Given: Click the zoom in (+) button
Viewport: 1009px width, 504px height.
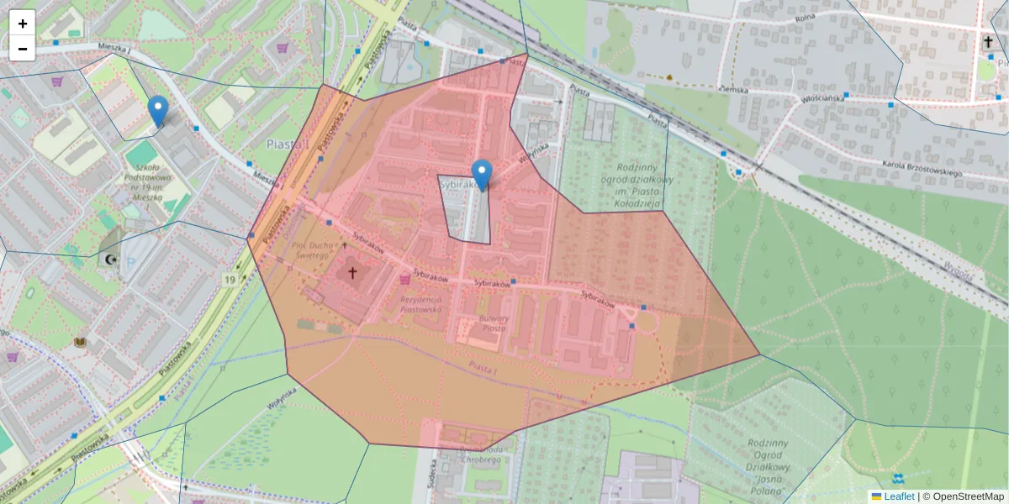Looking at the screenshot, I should click(23, 24).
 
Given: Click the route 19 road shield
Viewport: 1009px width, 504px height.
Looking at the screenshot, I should click(230, 279).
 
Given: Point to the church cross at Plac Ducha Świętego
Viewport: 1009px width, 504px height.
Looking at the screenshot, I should click(352, 273).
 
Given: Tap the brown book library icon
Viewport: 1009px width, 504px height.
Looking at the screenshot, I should click(81, 343).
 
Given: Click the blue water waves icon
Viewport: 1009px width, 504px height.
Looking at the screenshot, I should click(898, 479).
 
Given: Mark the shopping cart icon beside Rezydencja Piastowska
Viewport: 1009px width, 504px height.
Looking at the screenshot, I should click(405, 280).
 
